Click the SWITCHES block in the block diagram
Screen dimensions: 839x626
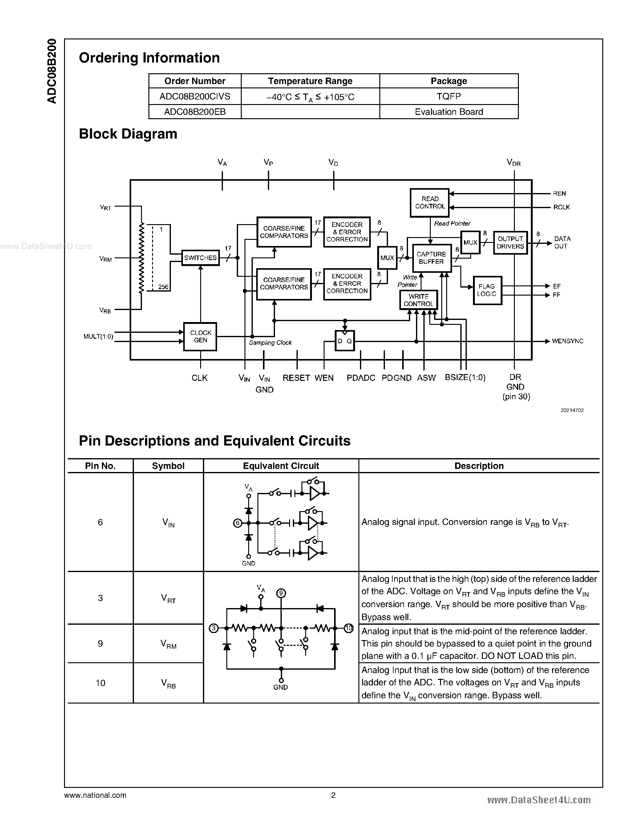(200, 258)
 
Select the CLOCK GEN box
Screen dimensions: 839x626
(200, 337)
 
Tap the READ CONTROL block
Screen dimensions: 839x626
(430, 203)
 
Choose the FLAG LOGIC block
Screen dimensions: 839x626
(487, 290)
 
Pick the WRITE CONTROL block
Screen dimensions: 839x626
(419, 300)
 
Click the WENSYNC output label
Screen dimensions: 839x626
(567, 341)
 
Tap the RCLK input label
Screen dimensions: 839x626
(561, 207)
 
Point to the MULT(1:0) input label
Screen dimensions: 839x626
(98, 337)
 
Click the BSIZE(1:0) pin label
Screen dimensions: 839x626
(465, 377)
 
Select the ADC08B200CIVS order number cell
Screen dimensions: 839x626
(195, 97)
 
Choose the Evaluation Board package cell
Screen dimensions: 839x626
(449, 112)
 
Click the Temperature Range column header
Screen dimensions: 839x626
(310, 81)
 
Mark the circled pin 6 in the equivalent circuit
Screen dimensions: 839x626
(237, 523)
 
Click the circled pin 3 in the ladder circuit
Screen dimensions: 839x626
(214, 628)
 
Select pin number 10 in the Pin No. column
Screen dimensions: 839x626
(100, 683)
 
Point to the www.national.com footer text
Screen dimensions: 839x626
(95, 795)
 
